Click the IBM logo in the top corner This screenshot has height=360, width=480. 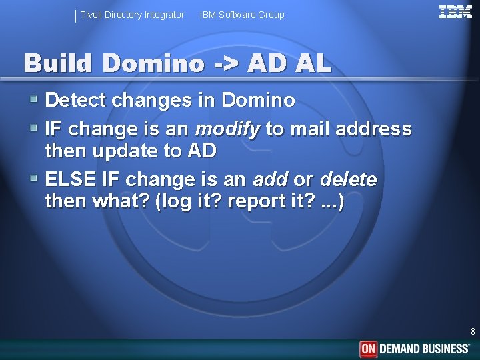455,11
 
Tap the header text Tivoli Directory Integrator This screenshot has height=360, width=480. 133,15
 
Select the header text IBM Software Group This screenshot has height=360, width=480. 242,15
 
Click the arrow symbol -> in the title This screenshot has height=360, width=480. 227,63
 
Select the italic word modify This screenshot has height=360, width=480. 227,128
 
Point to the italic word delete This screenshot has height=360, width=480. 348,179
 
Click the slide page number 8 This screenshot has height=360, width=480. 473,331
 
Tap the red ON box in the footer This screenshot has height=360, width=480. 369,349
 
